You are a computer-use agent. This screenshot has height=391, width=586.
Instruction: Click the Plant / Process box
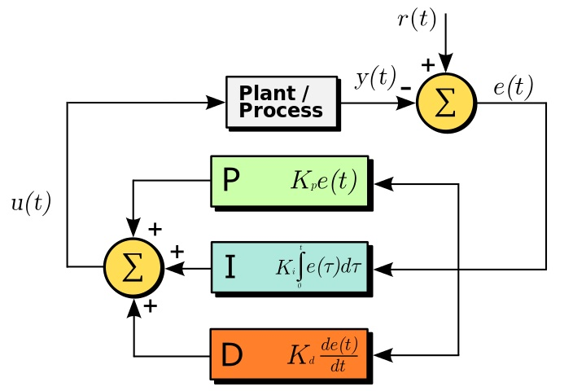pos(282,103)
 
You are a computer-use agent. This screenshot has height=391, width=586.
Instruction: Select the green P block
pos(289,181)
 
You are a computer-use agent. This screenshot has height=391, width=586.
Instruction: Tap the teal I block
pos(289,267)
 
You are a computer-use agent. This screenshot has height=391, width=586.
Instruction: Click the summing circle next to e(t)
pos(445,103)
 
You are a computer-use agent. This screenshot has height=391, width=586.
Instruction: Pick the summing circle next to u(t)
pos(133,267)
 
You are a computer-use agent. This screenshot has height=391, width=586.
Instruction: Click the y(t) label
pos(374,78)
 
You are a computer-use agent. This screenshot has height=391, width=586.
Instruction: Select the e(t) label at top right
pos(513,86)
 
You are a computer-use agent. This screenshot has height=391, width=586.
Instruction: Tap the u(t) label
pos(31,204)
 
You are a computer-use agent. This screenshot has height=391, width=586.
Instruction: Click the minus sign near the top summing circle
pos(405,85)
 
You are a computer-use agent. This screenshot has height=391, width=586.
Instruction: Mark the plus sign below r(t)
pos(427,64)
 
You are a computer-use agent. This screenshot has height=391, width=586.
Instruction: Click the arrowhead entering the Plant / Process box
pos(216,103)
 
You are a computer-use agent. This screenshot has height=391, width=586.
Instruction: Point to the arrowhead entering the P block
pos(384,183)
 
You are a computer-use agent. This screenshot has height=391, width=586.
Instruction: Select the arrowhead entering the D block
pos(384,355)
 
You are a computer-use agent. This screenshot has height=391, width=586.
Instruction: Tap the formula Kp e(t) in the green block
pos(324,182)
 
